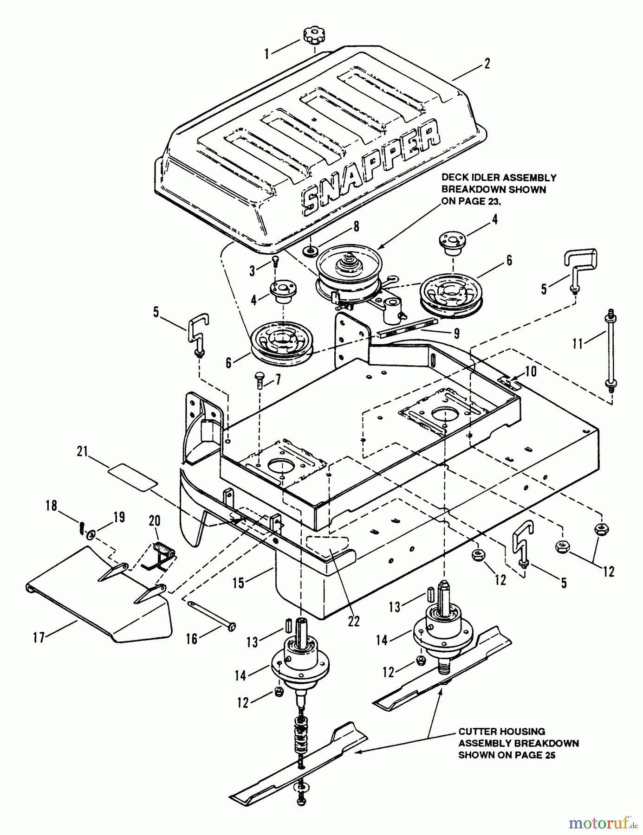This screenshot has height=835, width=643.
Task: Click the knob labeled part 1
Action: point(313,35)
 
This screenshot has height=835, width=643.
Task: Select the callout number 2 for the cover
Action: point(487,63)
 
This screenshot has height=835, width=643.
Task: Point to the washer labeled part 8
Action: point(309,251)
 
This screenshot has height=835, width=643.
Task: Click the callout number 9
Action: point(456,332)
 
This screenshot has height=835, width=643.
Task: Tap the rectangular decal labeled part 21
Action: point(132,477)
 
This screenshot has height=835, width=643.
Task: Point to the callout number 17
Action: point(39,638)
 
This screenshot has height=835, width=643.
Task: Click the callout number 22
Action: point(354,621)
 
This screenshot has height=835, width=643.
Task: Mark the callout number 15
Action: point(239,582)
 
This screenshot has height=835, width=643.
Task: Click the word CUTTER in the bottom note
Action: point(478,732)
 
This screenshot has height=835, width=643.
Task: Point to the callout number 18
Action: point(51,506)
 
